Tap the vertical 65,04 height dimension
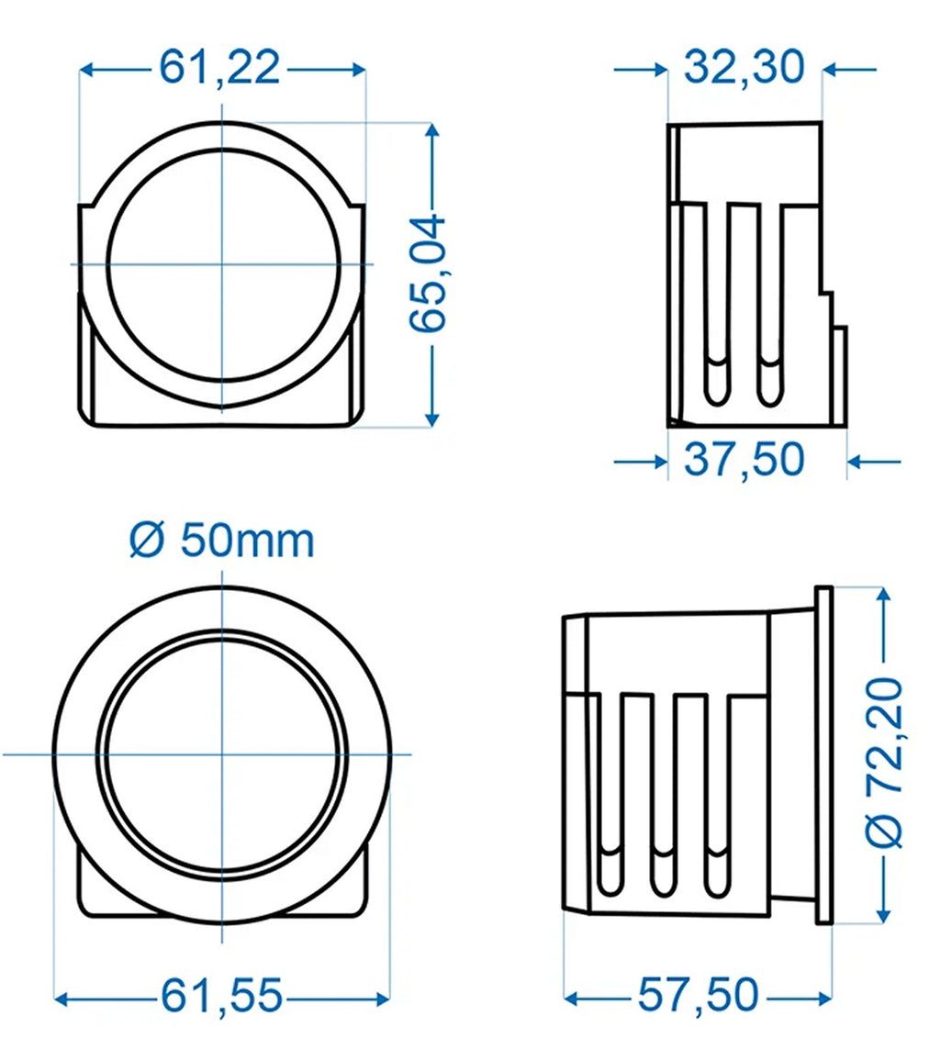tap(428, 273)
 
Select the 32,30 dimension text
tap(744, 67)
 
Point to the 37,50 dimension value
tap(744, 460)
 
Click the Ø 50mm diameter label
tap(221, 541)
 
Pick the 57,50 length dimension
tap(699, 995)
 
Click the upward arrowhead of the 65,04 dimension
tap(432, 130)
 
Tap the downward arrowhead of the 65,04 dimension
tap(432, 418)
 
